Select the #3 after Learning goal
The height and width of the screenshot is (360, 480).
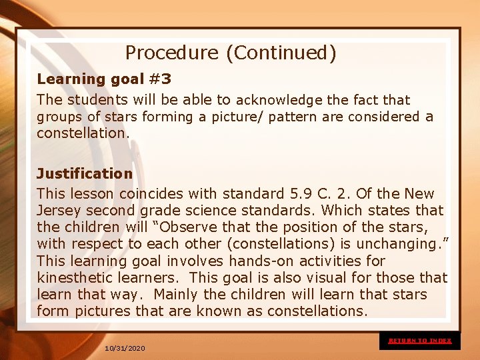[x=159, y=79]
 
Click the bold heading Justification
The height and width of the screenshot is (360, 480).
[x=85, y=174]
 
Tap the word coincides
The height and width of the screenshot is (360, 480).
[x=153, y=194]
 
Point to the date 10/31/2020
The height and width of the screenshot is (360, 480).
[x=125, y=349]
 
